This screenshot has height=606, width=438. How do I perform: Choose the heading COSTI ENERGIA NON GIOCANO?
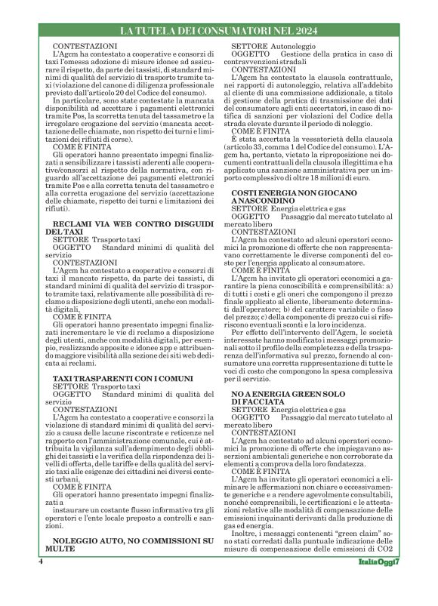pyautogui.click(x=284, y=195)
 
